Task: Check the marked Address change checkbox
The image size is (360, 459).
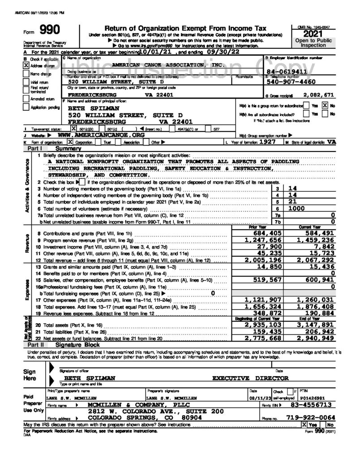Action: pos(26,65)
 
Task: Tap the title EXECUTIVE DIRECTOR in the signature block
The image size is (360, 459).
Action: pos(250,378)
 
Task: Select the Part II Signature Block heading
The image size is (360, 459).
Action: pos(72,346)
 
